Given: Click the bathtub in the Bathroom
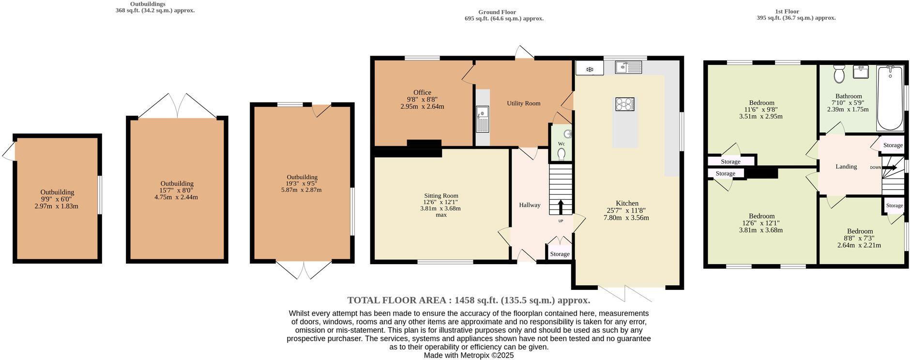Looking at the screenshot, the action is pos(890,98).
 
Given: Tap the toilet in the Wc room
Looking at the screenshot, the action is pos(561,153).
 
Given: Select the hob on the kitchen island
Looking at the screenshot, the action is pos(625,104).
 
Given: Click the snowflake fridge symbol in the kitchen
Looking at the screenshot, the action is pos(590,70).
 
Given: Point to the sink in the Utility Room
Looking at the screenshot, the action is pos(483,119).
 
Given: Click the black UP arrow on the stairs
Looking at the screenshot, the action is pos(561,207).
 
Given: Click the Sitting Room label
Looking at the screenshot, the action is pos(440,195).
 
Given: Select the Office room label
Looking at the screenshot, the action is pos(422,92).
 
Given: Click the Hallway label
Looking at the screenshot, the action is pos(530,205).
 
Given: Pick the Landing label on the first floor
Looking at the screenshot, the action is pos(846,166).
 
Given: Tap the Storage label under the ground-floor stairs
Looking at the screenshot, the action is pos(560,254).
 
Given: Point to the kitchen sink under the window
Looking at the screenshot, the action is pos(628,67).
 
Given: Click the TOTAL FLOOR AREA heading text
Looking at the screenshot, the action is pos(469,300).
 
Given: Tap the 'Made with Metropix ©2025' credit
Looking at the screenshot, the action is pos(469,355).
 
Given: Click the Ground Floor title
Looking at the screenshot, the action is pos(497,12).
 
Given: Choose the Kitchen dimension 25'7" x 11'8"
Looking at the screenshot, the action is pos(626,210).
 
